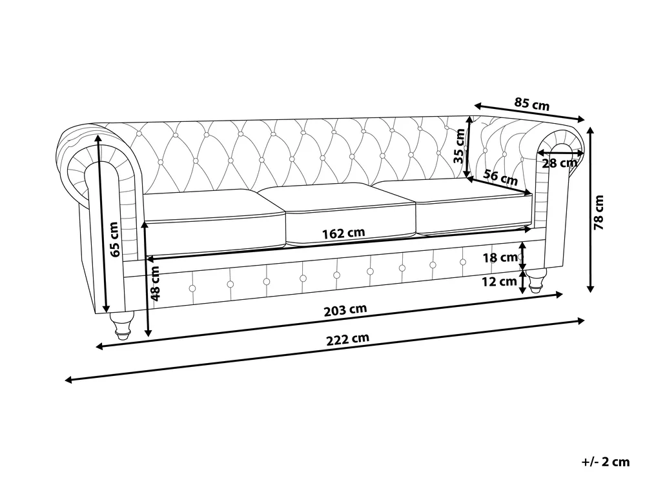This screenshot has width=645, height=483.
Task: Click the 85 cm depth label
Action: coord(531,104)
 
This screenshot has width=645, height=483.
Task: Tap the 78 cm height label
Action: coord(599,212)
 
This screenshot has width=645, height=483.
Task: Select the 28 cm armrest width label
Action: coord(559,163)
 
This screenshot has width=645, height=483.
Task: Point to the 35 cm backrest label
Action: coord(459,146)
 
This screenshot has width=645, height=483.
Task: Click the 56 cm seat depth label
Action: coord(500,177)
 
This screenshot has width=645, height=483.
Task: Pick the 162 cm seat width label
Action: coord(343,233)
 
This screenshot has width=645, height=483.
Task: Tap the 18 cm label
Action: coord(500,257)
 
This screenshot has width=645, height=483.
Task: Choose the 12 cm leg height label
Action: coord(499,282)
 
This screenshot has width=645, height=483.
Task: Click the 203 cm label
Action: coord(345,310)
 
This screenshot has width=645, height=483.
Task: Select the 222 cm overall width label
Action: coord(348,339)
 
